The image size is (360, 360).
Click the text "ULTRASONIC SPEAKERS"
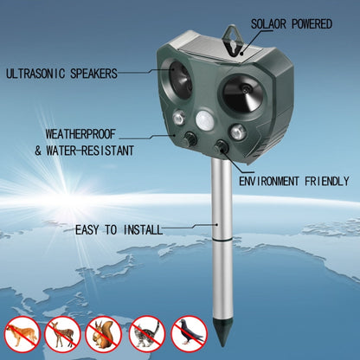tap(61, 74)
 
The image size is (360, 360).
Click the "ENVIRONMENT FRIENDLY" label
tap(293, 182)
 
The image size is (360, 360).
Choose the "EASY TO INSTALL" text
tap(119, 229)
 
